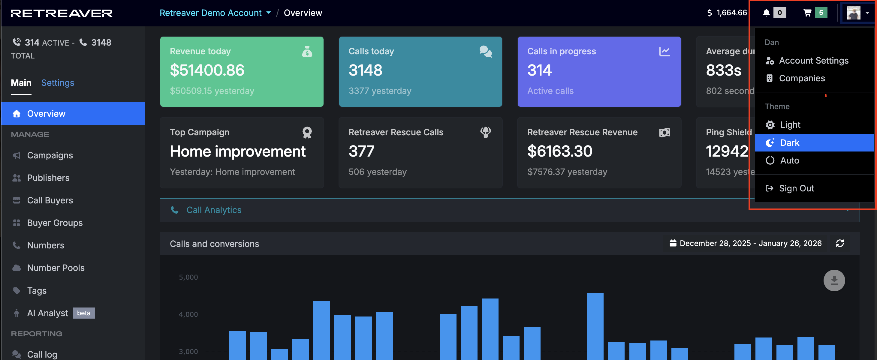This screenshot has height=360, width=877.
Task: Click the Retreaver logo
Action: (62, 13)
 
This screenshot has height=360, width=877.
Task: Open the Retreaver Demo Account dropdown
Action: (215, 13)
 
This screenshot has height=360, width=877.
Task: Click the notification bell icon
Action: (766, 13)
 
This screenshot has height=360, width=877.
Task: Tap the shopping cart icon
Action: (807, 13)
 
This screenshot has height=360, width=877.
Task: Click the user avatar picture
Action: (854, 13)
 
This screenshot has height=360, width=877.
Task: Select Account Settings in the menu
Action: (814, 61)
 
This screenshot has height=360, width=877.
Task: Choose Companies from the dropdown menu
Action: (802, 78)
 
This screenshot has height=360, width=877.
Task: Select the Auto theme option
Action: (789, 160)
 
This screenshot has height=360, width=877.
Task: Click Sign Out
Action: (796, 188)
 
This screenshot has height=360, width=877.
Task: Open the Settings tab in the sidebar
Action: (58, 83)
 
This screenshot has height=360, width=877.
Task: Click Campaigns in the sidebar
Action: (50, 155)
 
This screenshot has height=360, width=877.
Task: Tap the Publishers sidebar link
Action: (48, 178)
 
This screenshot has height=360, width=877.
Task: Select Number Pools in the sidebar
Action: (56, 268)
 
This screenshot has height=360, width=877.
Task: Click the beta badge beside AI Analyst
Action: (84, 313)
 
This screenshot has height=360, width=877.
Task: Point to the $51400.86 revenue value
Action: (207, 70)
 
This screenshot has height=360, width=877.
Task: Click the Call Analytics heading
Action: (214, 210)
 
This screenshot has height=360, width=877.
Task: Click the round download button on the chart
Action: (834, 280)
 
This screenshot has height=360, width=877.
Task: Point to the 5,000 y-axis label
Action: (188, 277)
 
